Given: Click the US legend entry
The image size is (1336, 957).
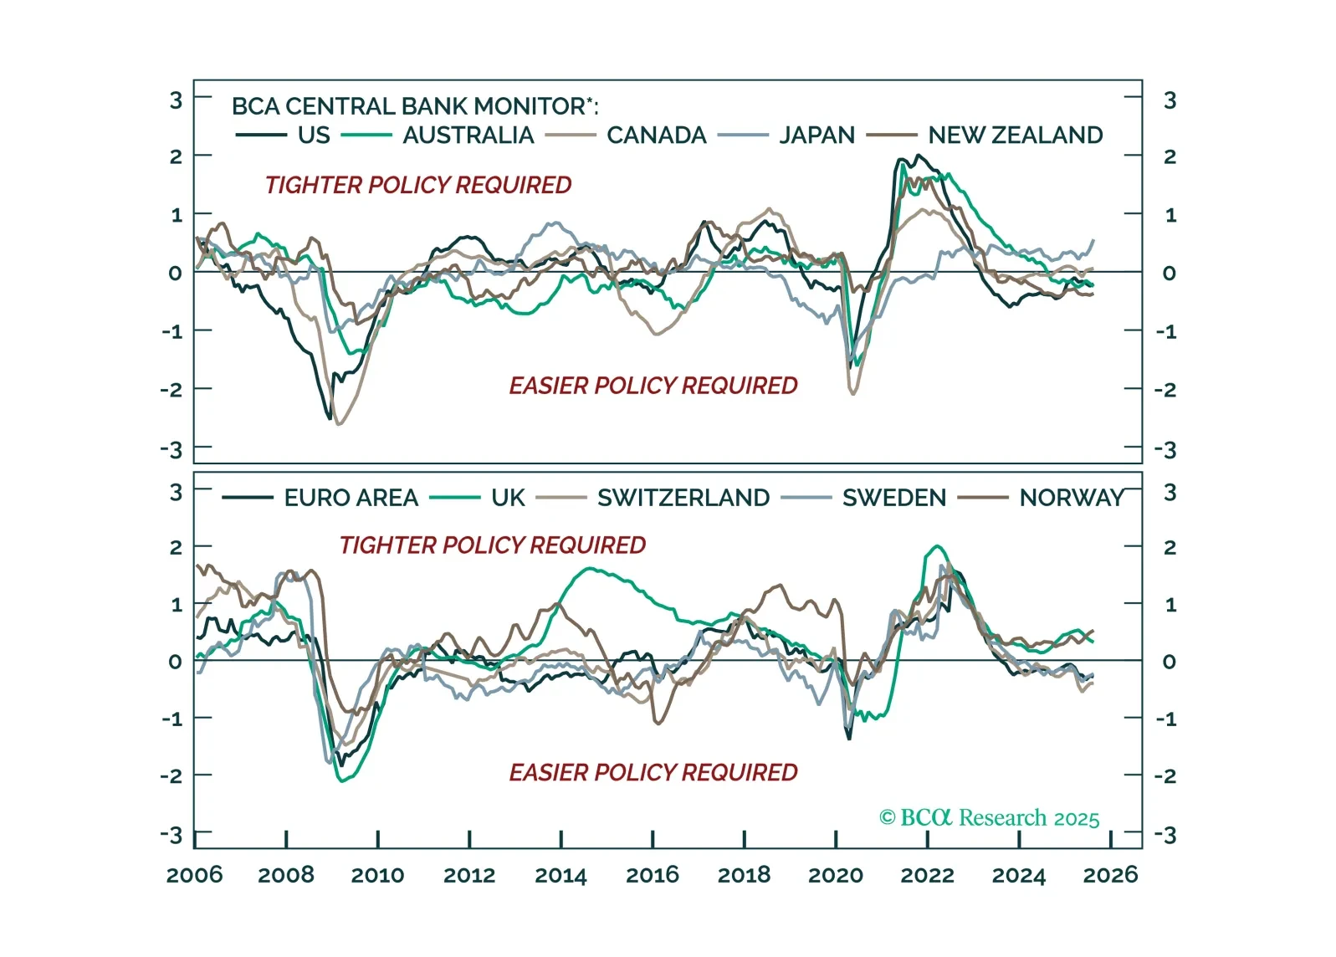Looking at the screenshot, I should [x=314, y=135].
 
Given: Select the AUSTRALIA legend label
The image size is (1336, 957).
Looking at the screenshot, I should [x=468, y=135].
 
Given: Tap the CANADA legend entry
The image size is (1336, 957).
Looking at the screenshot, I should [x=656, y=135].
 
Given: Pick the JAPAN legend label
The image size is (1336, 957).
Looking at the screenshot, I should [x=816, y=135].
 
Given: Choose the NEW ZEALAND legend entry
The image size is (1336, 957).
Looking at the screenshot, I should [x=1015, y=135].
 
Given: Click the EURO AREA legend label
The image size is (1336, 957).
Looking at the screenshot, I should [x=351, y=498].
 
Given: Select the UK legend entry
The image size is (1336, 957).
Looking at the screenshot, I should [x=508, y=498].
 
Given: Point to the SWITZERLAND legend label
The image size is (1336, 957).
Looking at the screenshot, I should [x=683, y=498].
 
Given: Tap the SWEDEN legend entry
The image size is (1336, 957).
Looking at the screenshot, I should [x=893, y=498].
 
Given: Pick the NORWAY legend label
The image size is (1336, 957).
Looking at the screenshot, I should [x=1072, y=498].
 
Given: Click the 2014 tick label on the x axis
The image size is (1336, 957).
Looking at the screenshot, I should [x=561, y=875].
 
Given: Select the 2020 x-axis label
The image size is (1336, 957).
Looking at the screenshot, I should [x=835, y=875].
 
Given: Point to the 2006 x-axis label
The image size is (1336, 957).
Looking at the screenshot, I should [x=195, y=875].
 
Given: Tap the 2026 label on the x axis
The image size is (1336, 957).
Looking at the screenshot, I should [x=1110, y=875].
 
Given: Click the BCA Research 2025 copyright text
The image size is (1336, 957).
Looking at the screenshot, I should [x=989, y=817].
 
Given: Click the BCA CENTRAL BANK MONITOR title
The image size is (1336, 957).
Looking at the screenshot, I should [x=415, y=106].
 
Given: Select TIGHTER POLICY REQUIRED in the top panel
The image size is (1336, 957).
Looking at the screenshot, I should [x=418, y=185].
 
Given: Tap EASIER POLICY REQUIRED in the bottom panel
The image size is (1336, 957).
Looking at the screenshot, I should [x=653, y=772].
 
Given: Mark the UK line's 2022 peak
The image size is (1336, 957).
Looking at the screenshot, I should [x=937, y=547].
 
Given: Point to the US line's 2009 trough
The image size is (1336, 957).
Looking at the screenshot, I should [x=329, y=417].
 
